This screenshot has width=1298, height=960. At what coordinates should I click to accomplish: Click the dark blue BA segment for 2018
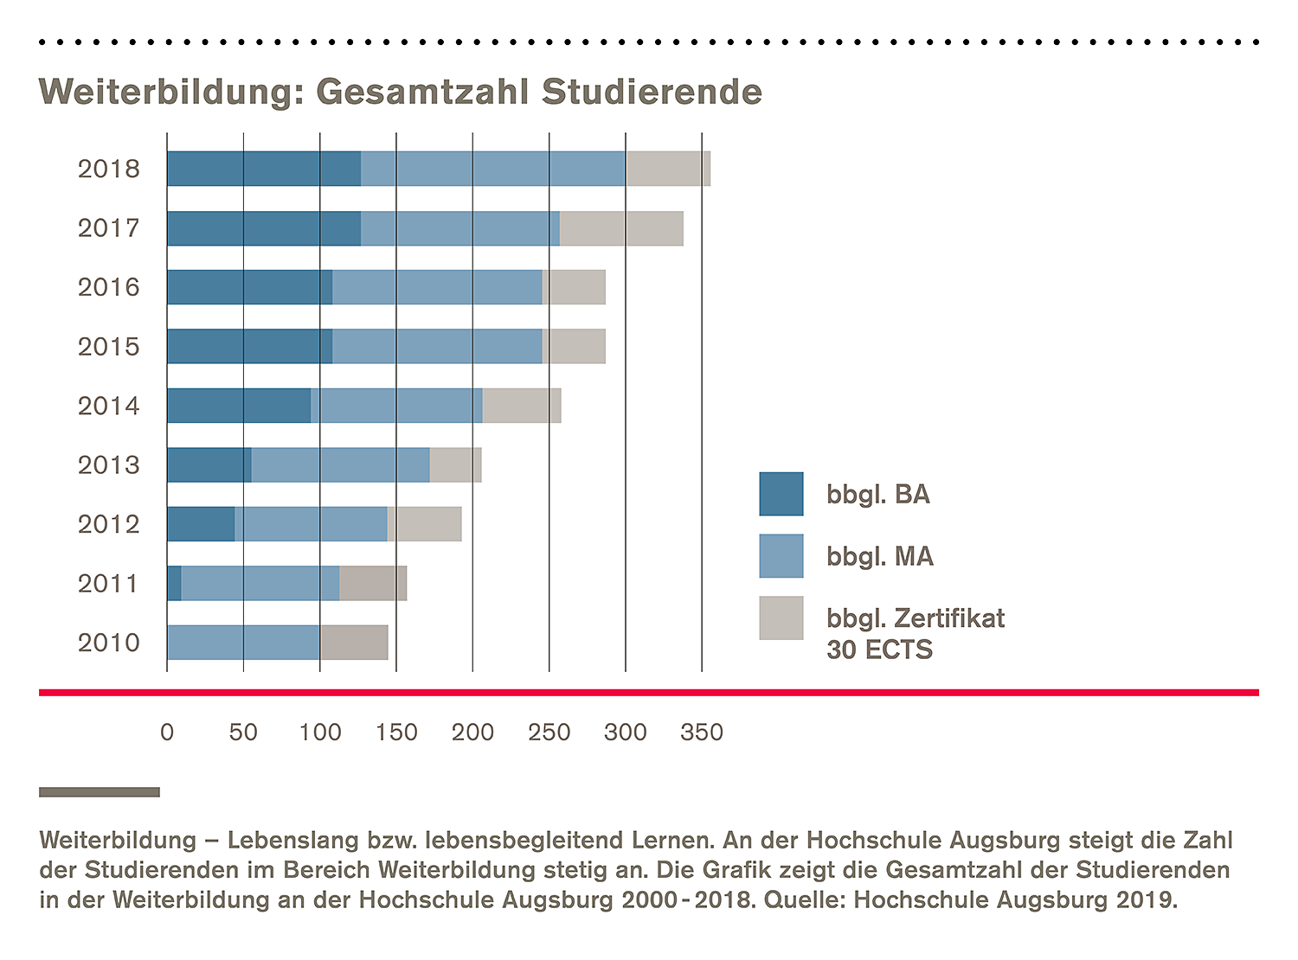tap(264, 169)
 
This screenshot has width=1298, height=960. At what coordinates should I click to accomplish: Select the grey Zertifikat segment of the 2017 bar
tap(621, 228)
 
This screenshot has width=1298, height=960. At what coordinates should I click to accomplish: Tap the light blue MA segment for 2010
tap(243, 643)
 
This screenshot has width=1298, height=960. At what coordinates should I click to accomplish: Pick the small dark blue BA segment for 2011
tap(174, 584)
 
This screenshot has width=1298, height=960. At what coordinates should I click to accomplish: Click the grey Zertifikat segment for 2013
tap(455, 465)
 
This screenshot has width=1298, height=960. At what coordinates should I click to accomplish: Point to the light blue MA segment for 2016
tap(437, 287)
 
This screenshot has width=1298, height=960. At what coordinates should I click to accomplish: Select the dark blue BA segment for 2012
tap(201, 524)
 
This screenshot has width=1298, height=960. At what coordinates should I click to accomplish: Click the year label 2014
tap(108, 406)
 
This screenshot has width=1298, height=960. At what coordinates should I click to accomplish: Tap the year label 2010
tap(108, 643)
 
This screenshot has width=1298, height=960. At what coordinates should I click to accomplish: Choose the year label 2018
tap(108, 169)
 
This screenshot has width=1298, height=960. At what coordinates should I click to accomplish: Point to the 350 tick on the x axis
tap(702, 733)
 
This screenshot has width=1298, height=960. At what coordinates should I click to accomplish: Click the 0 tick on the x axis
tap(167, 733)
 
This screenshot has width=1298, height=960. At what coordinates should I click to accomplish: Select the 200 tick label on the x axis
tap(472, 733)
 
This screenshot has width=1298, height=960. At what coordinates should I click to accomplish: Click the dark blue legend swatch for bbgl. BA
tap(781, 494)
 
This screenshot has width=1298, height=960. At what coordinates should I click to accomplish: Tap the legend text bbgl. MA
tap(879, 556)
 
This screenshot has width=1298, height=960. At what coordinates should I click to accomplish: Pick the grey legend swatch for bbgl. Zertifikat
tap(781, 618)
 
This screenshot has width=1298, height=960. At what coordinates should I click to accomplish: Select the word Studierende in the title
tap(652, 92)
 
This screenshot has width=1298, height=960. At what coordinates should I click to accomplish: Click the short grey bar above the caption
tap(100, 792)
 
